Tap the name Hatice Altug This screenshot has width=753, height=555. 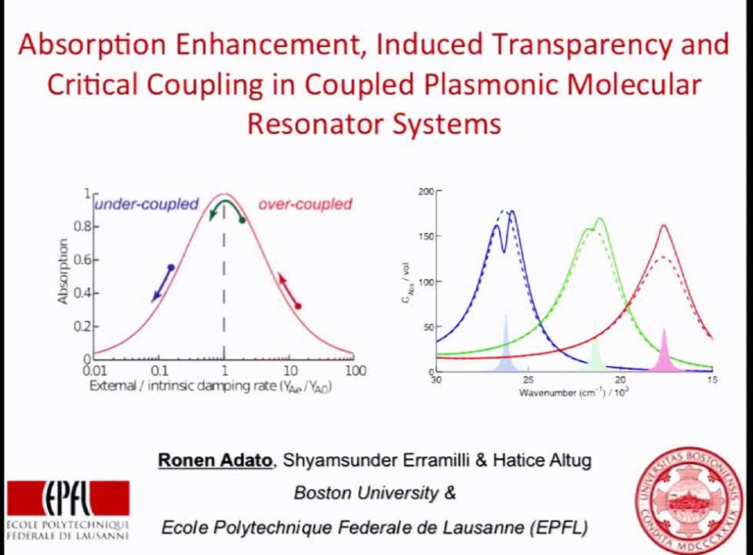point(541,460)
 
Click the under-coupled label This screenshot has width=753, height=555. point(147,205)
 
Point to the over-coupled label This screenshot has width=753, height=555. point(305,205)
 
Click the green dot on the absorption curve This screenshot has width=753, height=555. point(242,220)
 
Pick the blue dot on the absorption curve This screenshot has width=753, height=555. point(171,268)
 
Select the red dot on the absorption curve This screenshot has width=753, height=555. point(297,306)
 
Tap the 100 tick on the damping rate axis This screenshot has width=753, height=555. point(355,371)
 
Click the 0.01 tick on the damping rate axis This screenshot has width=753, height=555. point(94,371)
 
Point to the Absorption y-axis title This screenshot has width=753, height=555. point(64,270)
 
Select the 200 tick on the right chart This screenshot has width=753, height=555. point(425,191)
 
